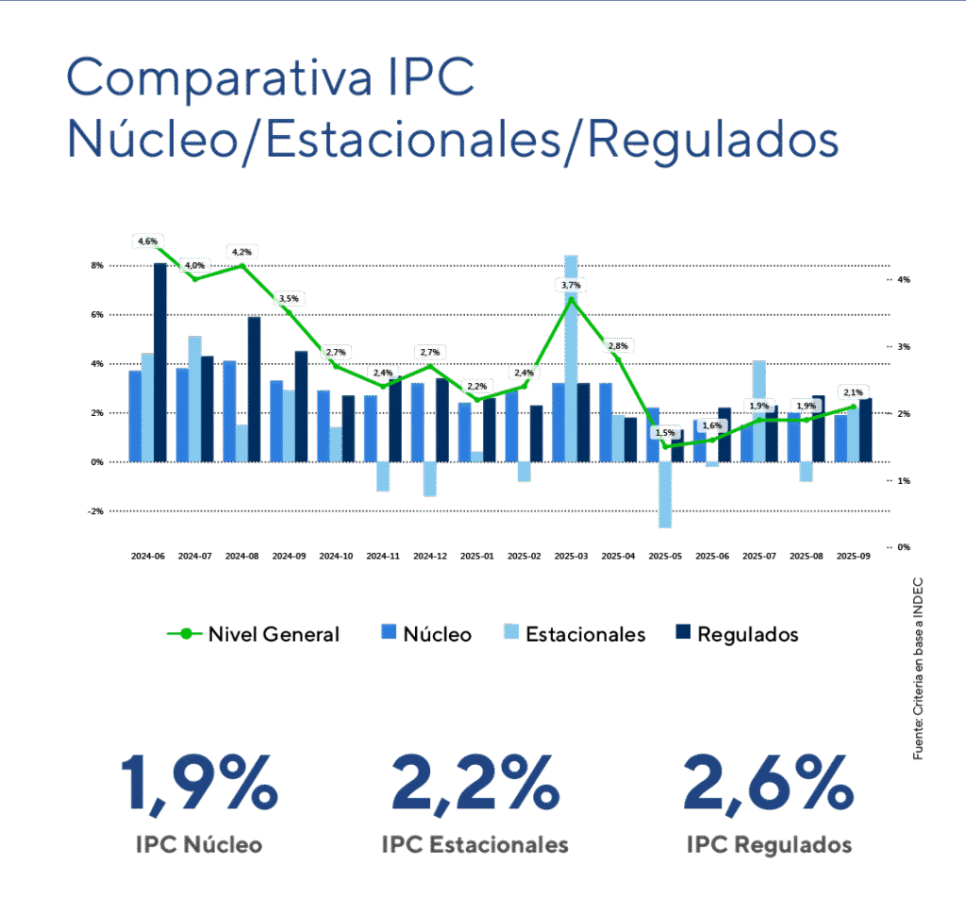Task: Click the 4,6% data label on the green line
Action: point(148,241)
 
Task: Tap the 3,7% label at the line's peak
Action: point(571,285)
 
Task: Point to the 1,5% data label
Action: point(665,432)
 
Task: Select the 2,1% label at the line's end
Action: point(853,392)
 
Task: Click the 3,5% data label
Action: point(288,299)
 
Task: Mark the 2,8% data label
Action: point(618,346)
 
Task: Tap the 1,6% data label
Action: point(712,425)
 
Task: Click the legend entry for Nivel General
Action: point(254,634)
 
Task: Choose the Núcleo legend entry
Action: point(426,634)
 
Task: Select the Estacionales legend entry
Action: point(574,634)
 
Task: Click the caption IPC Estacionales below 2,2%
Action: point(475,843)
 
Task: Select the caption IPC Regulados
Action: point(769,843)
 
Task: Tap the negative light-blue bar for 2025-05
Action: point(665,494)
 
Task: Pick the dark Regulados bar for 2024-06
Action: point(160,363)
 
